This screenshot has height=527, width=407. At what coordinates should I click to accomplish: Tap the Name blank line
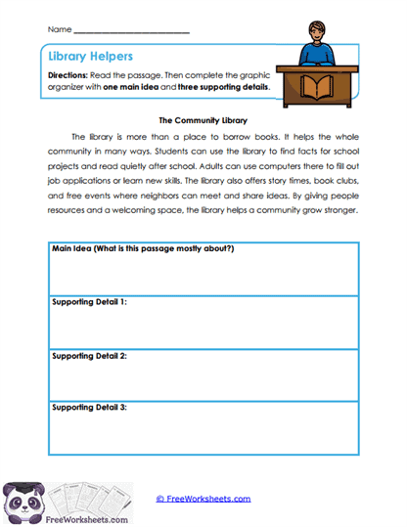(x=131, y=31)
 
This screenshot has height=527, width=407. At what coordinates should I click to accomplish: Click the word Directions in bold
(x=67, y=76)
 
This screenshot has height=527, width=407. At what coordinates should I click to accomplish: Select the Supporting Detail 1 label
(x=88, y=302)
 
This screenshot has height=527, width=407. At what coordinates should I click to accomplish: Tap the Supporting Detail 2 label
(x=88, y=355)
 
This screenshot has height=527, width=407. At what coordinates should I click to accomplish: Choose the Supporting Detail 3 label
(x=88, y=407)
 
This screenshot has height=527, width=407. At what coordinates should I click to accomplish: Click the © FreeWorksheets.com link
(x=203, y=498)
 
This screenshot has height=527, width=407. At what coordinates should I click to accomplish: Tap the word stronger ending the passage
(x=339, y=210)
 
